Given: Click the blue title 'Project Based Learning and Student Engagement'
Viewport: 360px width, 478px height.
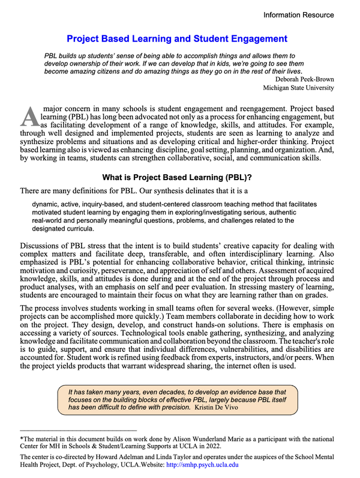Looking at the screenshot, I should (x=177, y=39).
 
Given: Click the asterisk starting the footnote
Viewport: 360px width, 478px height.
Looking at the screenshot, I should (x=22, y=440).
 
